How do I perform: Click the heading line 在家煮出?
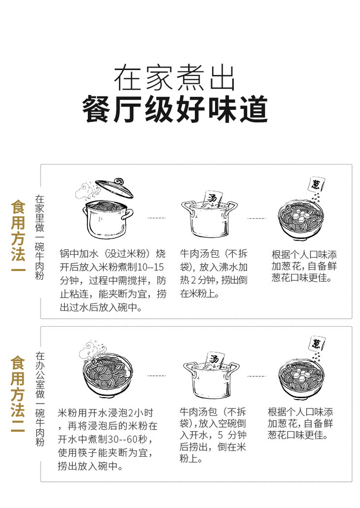175,78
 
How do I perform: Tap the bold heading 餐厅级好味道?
175,109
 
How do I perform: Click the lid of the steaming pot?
114,187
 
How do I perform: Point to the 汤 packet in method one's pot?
214,198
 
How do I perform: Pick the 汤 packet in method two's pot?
215,359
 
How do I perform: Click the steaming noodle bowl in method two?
108,376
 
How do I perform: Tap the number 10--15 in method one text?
150,267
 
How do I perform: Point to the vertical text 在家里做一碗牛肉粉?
39,237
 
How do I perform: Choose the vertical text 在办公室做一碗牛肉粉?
40,399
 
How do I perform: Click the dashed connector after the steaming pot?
157,218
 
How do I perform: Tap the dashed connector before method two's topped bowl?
256,376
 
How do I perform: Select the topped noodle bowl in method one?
301,220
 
